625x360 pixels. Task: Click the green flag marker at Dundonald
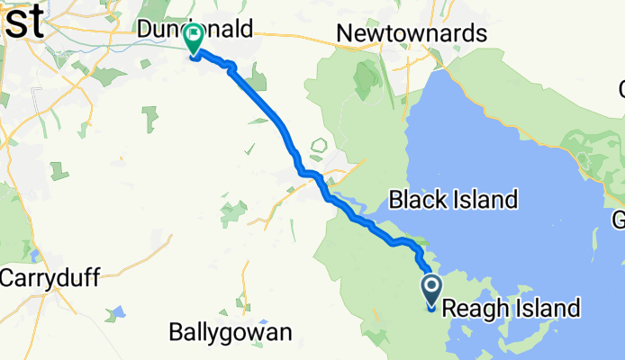[194, 39]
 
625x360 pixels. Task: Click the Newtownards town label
[411, 34]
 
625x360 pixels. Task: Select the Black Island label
[453, 199]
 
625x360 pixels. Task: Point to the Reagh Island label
[510, 309]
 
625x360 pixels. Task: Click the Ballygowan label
[231, 332]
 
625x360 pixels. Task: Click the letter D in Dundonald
[145, 31]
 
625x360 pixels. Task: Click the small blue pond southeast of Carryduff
[114, 313]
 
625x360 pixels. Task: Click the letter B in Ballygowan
[176, 332]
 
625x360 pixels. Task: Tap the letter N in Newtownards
[343, 34]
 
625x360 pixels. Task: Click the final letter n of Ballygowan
[285, 332]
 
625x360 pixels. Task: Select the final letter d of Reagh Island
[573, 309]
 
